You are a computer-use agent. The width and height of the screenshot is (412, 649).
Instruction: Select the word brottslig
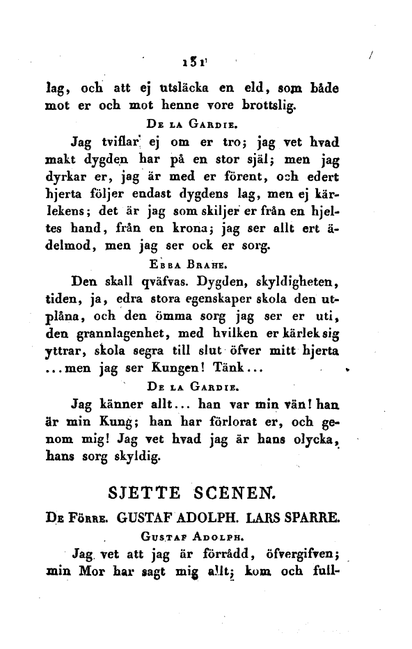tap(266, 106)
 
